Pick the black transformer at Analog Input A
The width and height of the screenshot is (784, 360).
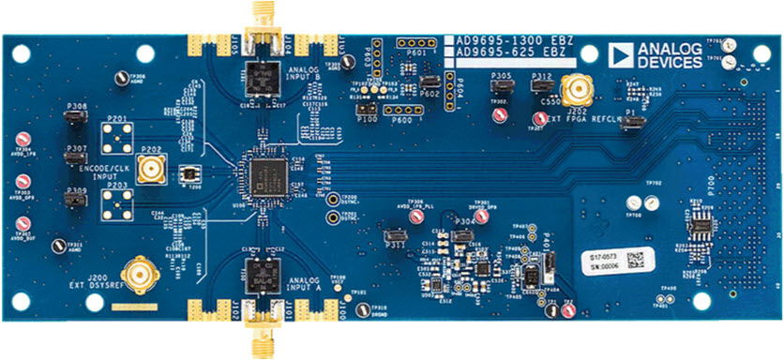258,275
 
